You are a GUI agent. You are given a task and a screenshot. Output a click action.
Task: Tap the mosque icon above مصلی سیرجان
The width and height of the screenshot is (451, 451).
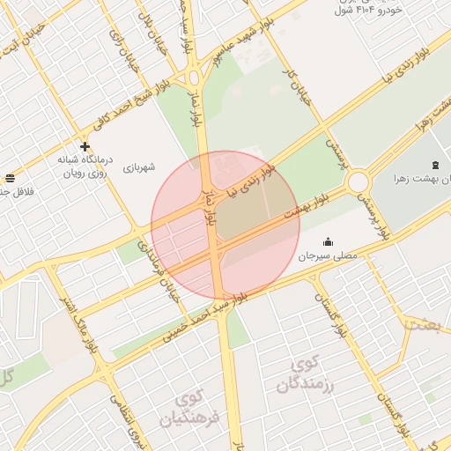[329, 241]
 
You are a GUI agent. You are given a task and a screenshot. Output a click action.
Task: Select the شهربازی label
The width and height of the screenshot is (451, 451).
[138, 166]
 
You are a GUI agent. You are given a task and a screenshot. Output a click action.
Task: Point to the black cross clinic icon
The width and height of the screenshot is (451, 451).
[85, 146]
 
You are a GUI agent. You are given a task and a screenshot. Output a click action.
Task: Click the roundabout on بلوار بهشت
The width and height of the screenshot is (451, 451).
[358, 182]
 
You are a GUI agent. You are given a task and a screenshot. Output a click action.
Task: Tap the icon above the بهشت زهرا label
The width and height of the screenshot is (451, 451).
[434, 164]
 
